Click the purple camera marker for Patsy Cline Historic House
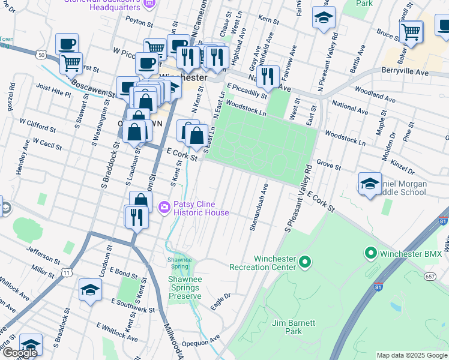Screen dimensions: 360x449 pos(164,207)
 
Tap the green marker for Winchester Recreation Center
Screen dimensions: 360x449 pos(305,262)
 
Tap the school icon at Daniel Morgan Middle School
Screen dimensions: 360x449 pos(370,184)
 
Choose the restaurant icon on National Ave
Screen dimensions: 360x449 pos(268,76)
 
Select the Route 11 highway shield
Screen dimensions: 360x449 pos(67,273)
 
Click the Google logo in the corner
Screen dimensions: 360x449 pos(19,353)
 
